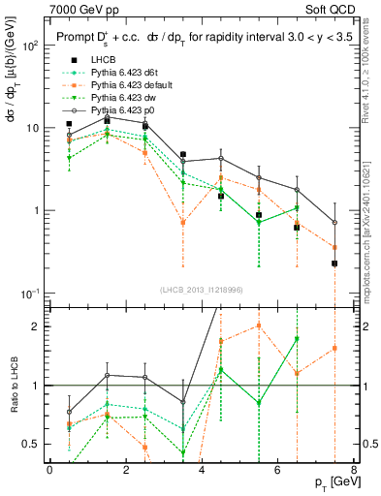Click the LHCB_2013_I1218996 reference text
coord(194,290)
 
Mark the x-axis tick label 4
coord(202,470)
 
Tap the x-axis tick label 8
coord(354,470)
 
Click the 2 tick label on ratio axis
coord(36,326)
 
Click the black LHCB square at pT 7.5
coord(334,263)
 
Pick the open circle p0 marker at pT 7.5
coord(334,222)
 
